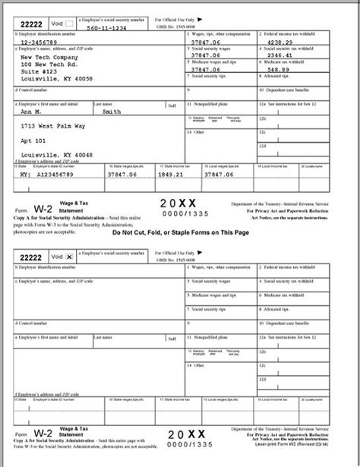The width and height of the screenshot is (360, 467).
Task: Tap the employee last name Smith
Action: [113, 112]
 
